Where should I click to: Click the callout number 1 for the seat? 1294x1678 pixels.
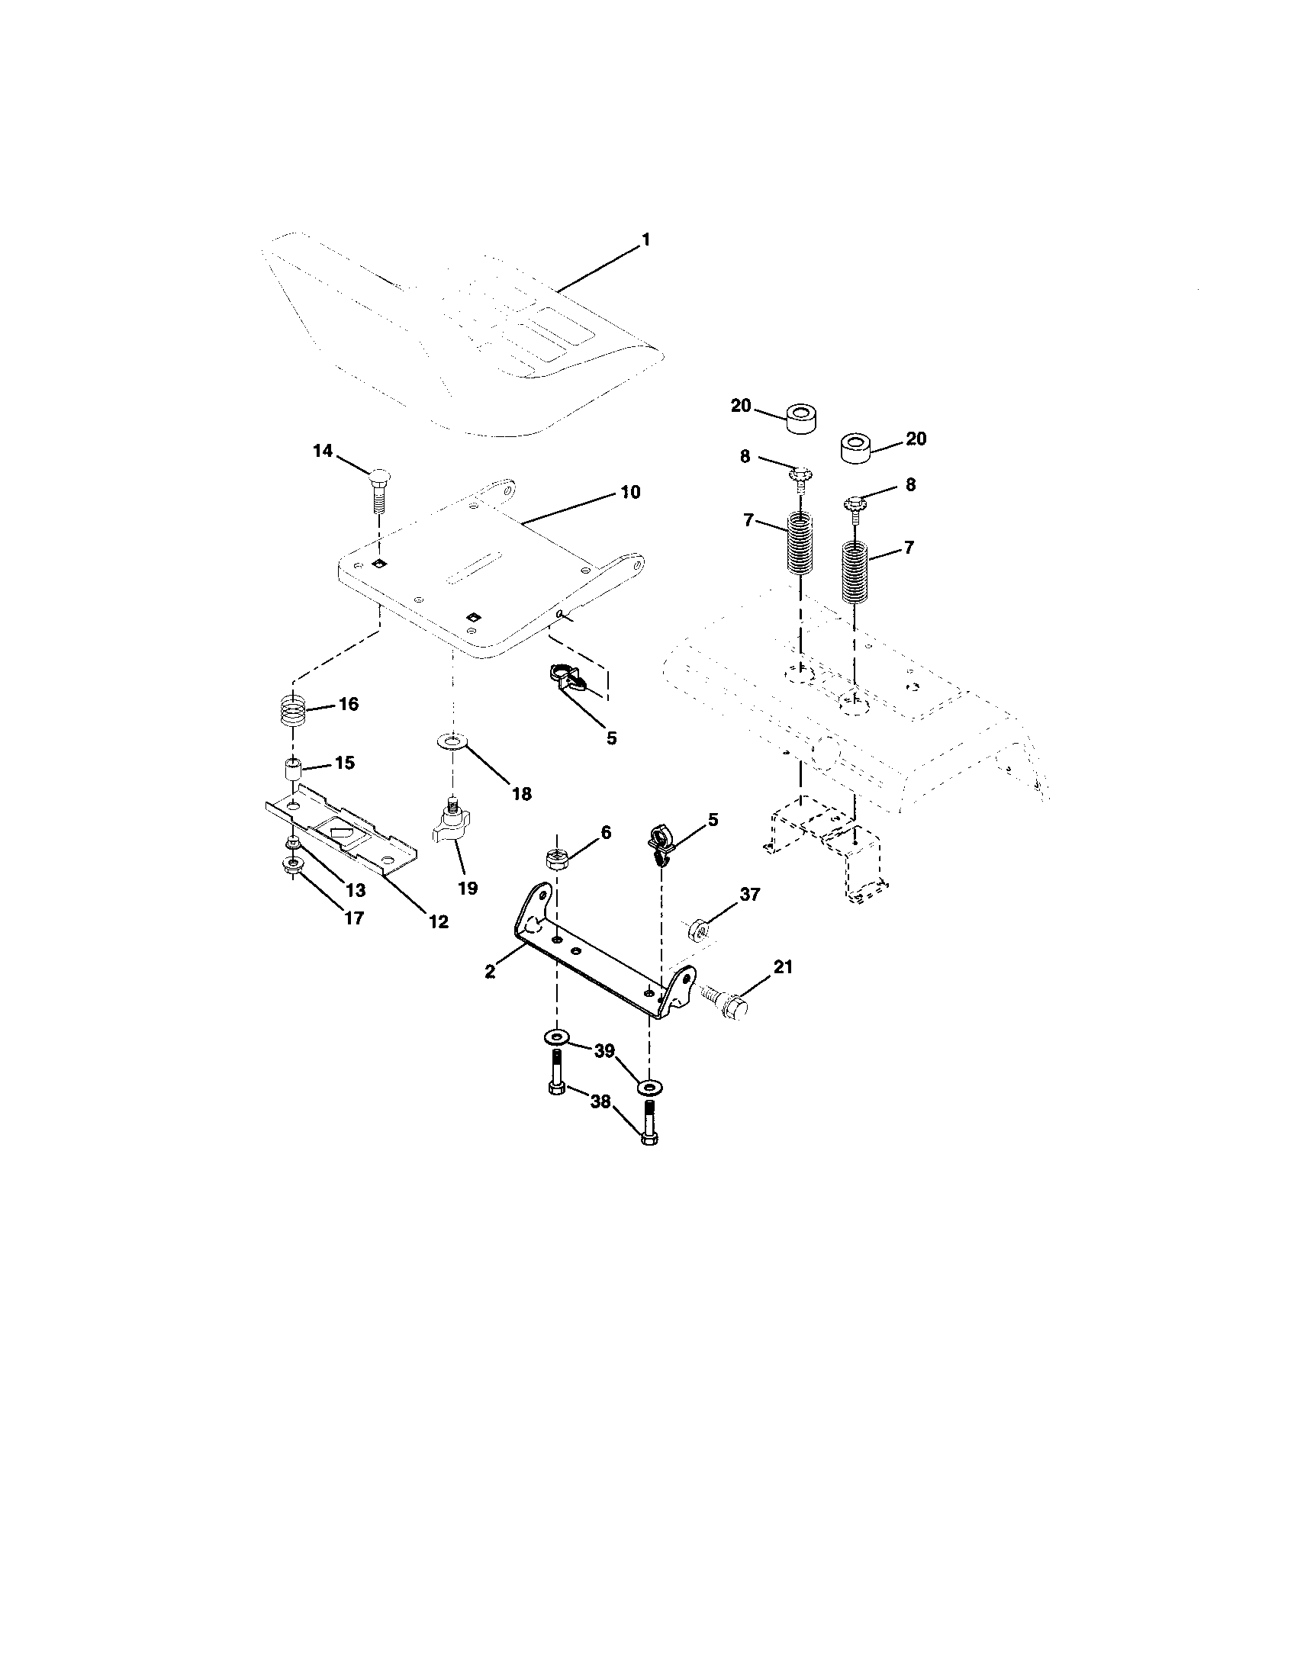point(645,239)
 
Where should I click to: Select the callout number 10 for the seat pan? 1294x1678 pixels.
point(630,492)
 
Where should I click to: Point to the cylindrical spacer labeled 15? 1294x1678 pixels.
point(293,768)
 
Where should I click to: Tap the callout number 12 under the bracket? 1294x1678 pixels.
point(438,921)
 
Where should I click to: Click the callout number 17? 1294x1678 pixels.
point(353,918)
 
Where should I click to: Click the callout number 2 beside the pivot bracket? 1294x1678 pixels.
point(491,970)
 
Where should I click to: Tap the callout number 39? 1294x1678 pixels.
point(605,1051)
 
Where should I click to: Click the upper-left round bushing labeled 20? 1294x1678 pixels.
point(801,418)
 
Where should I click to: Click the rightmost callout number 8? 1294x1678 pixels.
point(910,485)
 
